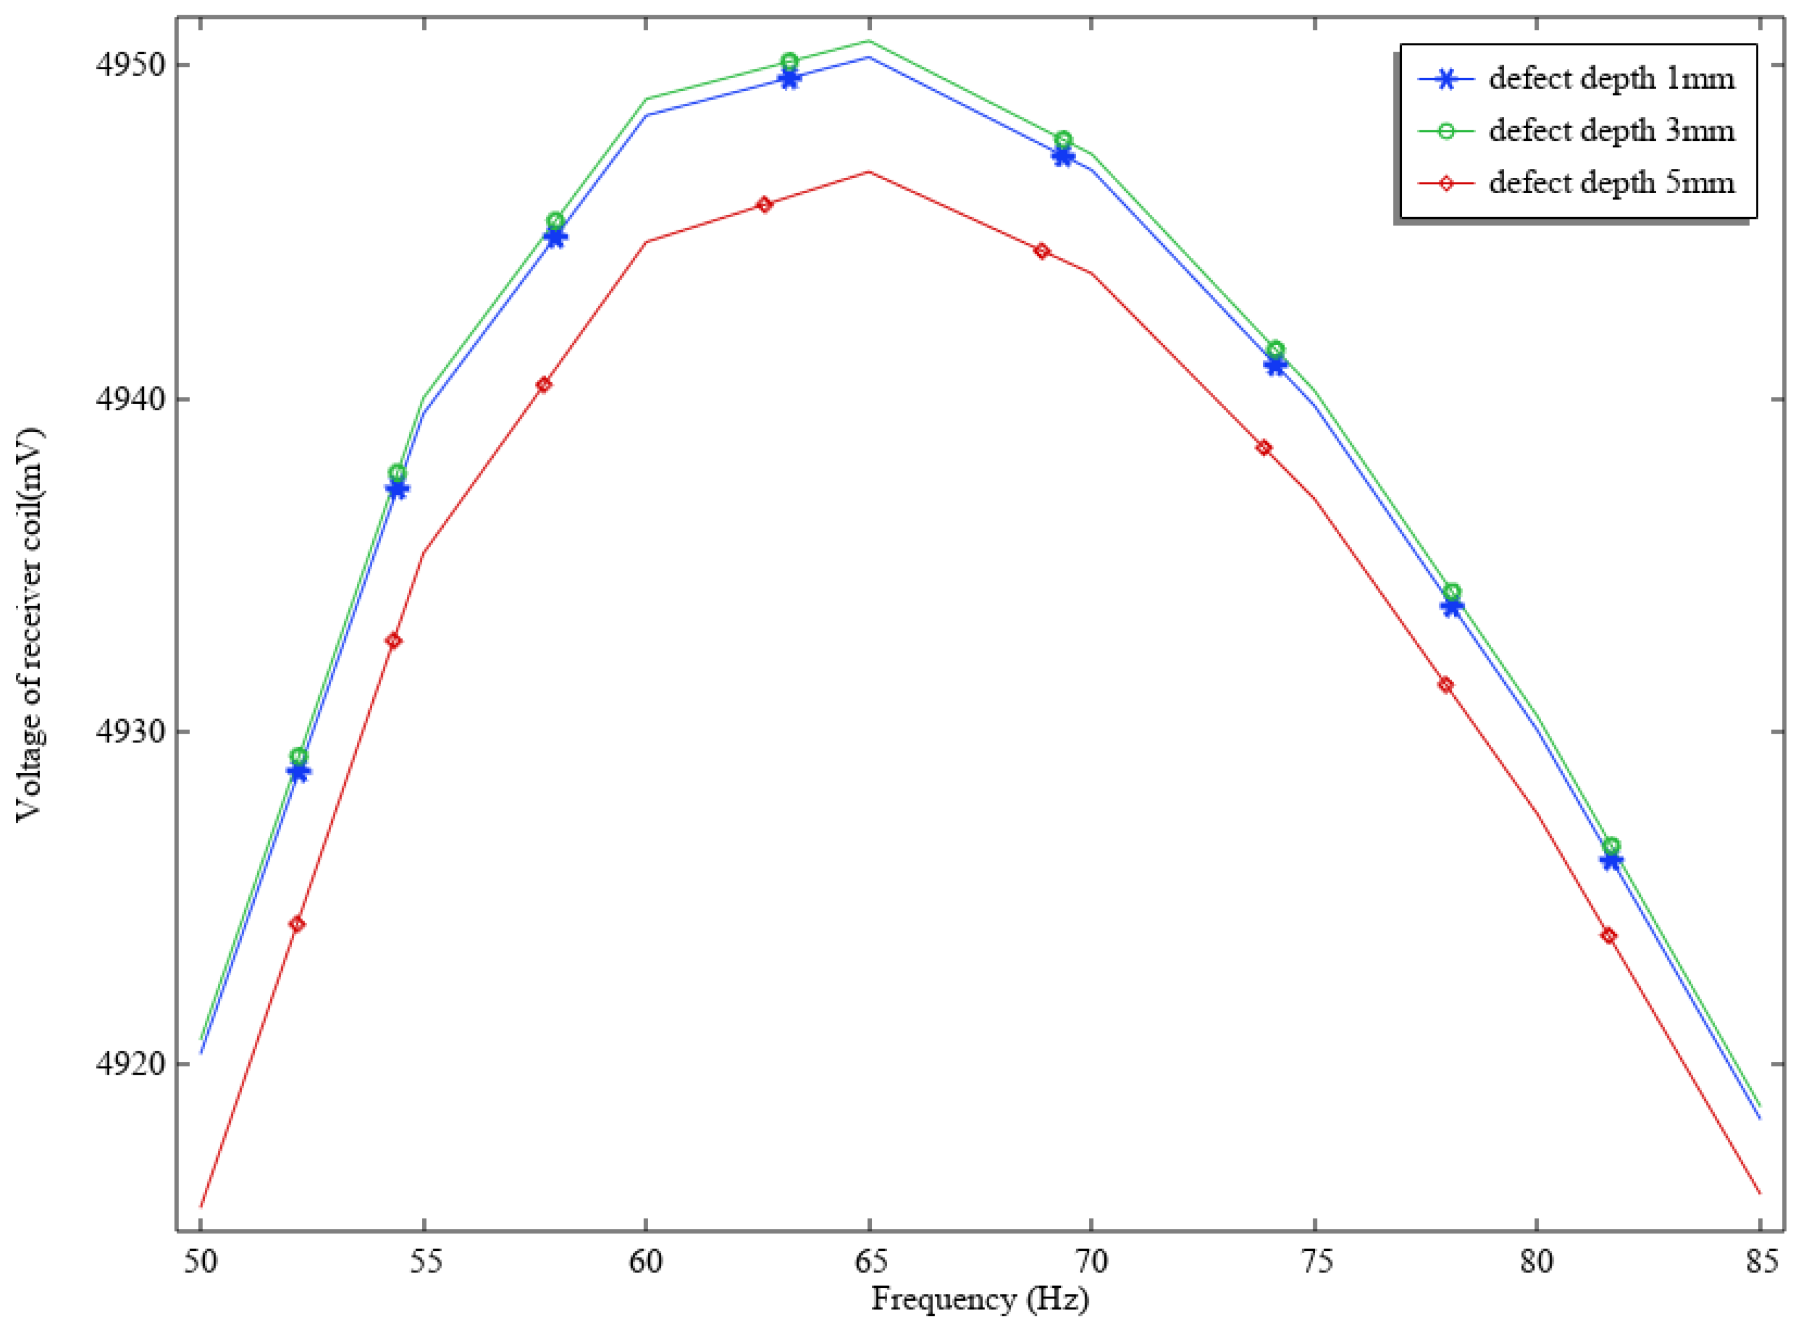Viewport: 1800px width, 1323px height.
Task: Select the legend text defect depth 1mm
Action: [1612, 79]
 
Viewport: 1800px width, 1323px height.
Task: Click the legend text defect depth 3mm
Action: [1612, 130]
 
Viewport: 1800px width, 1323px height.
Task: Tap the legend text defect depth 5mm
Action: [1612, 183]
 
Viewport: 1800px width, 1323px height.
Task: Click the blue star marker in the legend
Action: [1446, 79]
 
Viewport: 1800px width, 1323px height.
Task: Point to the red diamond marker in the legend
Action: [1446, 183]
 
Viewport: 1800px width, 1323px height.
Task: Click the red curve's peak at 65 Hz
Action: [868, 171]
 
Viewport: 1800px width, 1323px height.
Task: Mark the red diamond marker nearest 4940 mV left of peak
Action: [544, 384]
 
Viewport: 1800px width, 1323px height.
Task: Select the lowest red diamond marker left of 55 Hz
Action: [297, 924]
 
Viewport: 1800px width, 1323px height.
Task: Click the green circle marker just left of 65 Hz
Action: [789, 61]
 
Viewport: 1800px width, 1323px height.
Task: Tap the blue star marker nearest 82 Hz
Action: [1611, 860]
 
